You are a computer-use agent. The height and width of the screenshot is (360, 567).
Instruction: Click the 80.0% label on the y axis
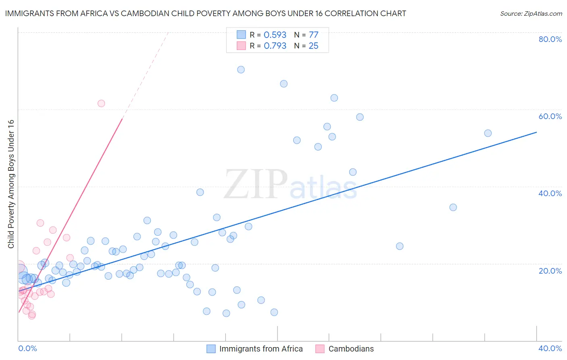tap(550, 39)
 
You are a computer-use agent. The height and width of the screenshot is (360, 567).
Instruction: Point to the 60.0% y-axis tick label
tap(550, 116)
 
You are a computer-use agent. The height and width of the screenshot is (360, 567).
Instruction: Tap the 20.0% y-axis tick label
tap(550, 270)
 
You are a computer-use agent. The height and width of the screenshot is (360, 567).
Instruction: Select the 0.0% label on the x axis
tap(27, 348)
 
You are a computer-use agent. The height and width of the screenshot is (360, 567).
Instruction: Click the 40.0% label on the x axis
tap(550, 348)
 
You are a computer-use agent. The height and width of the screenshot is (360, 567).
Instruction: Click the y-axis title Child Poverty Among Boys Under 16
tap(11, 184)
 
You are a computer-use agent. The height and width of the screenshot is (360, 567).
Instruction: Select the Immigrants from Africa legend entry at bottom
tap(261, 349)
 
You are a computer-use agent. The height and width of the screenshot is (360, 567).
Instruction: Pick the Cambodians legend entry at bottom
tap(351, 349)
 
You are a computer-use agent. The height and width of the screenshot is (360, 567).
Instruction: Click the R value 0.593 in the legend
tap(275, 35)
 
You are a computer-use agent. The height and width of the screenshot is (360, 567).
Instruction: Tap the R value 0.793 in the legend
tap(275, 46)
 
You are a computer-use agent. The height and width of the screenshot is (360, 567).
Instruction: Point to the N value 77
tap(313, 35)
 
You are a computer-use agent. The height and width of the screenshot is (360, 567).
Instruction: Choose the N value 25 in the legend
tap(313, 46)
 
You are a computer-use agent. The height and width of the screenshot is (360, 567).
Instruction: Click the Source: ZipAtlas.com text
tap(531, 14)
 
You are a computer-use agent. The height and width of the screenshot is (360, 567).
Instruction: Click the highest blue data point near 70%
tap(241, 69)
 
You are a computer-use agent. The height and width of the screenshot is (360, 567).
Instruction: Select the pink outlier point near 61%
tap(101, 103)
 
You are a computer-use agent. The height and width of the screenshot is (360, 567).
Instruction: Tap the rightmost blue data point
tap(488, 133)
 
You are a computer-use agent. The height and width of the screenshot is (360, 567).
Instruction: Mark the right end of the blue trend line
tap(536, 132)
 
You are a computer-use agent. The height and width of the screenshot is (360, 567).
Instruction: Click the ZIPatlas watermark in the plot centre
tap(290, 184)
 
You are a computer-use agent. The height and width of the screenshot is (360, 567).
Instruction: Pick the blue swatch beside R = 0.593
tap(241, 35)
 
